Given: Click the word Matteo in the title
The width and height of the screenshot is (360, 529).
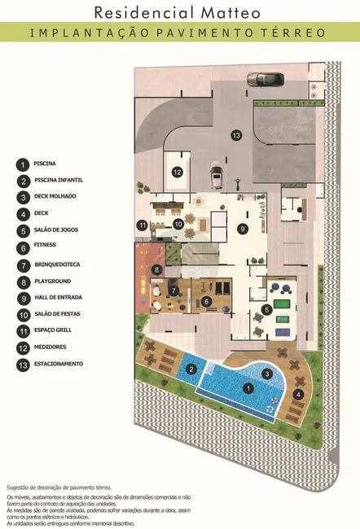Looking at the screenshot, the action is click(230, 13).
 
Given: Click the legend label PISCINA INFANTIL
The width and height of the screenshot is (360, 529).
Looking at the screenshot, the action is click(59, 180).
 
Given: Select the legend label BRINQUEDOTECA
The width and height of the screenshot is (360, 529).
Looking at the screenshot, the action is click(57, 264).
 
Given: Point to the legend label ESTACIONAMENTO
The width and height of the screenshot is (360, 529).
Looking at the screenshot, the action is click(59, 364).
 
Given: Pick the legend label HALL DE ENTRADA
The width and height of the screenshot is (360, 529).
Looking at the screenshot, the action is click(58, 298).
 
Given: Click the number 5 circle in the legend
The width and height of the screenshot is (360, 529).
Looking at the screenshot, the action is click(23, 231).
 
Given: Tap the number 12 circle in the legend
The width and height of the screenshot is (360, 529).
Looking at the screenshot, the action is click(23, 348).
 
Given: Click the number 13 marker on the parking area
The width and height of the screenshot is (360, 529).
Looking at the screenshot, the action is click(236, 135).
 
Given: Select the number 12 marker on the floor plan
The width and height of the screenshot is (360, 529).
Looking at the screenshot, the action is click(178, 172).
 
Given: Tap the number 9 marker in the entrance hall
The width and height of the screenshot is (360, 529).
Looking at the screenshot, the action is click(243, 229).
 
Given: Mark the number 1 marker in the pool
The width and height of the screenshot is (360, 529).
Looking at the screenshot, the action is click(248, 388).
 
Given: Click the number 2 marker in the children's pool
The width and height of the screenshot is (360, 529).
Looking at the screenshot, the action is click(191, 369).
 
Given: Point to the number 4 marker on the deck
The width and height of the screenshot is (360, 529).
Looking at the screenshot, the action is click(298, 394).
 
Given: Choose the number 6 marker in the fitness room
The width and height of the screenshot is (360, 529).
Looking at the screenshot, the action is click(206, 302).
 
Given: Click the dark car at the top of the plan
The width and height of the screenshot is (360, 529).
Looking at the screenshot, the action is click(266, 79).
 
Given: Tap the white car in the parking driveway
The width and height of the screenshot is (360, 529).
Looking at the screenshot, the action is click(216, 175).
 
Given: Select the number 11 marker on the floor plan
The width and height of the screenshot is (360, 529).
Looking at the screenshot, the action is click(143, 225).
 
